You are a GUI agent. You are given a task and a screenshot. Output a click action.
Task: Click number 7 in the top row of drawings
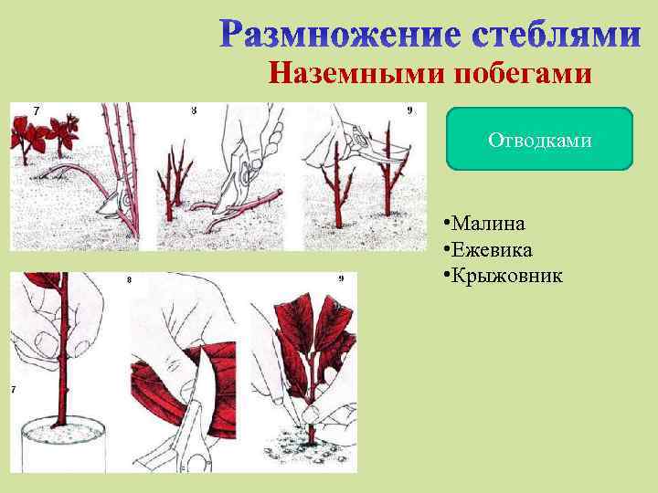tap(36, 110)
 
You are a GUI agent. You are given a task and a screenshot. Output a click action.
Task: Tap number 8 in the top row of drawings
tap(193, 110)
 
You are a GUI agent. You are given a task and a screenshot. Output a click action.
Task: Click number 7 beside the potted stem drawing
tap(14, 390)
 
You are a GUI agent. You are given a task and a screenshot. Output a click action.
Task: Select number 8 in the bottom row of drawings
tap(128, 280)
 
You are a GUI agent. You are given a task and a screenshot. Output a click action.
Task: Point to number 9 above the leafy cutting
tap(341, 278)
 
